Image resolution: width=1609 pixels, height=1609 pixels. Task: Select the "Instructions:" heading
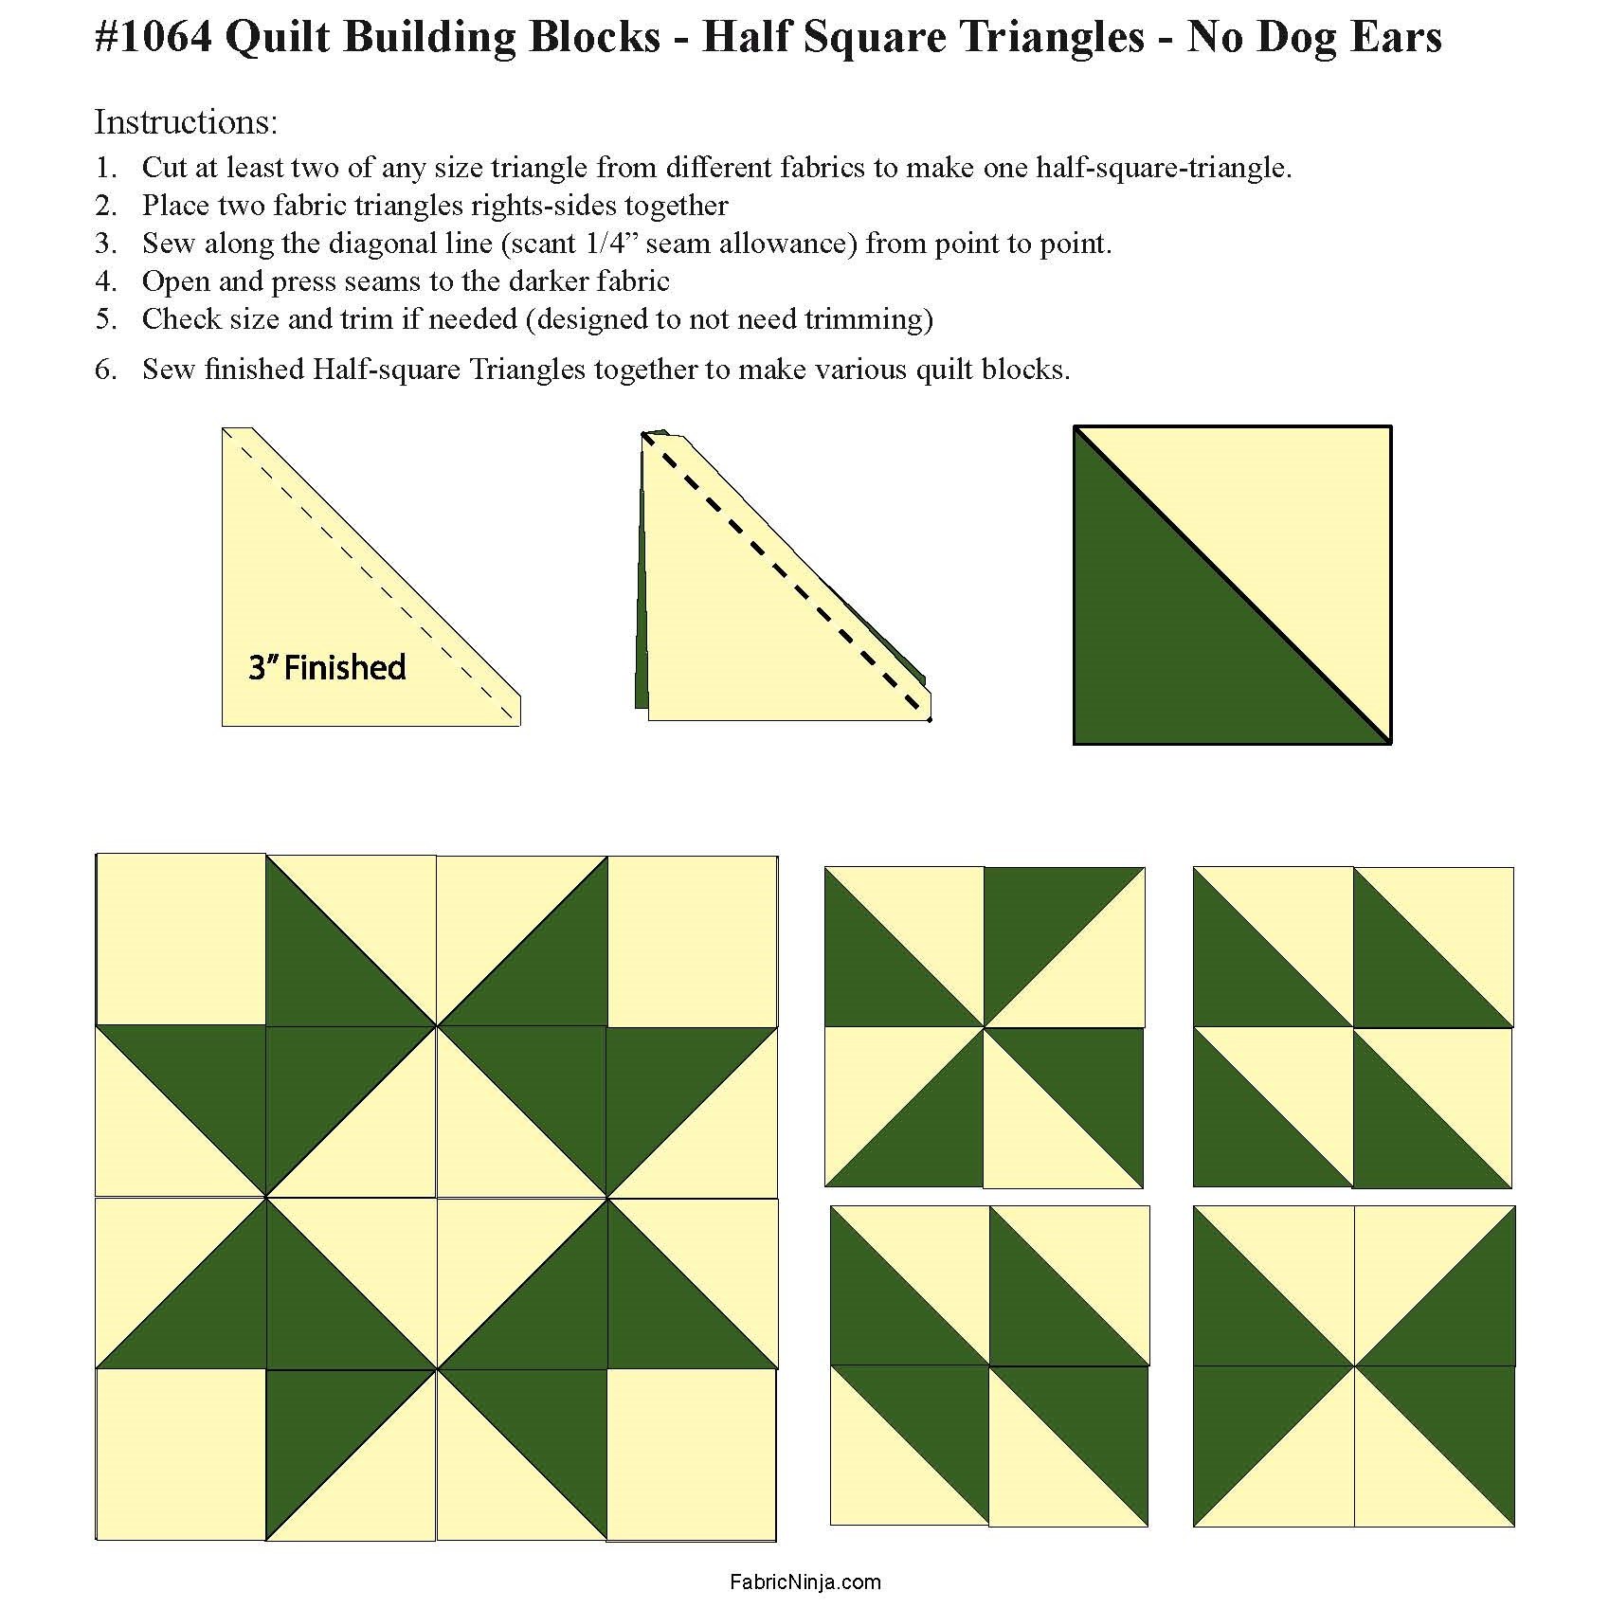pyautogui.click(x=186, y=122)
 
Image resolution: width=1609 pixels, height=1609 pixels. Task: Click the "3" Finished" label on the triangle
pyautogui.click(x=327, y=667)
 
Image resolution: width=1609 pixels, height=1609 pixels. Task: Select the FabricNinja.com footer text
pyautogui.click(x=805, y=1582)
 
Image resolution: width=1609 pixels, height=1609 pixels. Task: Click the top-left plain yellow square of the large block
pyautogui.click(x=181, y=939)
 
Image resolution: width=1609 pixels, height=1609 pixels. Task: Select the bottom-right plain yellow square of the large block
pyautogui.click(x=692, y=1454)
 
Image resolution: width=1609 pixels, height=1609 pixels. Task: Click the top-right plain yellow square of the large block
pyautogui.click(x=692, y=941)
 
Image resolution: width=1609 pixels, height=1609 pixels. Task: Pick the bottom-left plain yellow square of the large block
pyautogui.click(x=181, y=1454)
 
